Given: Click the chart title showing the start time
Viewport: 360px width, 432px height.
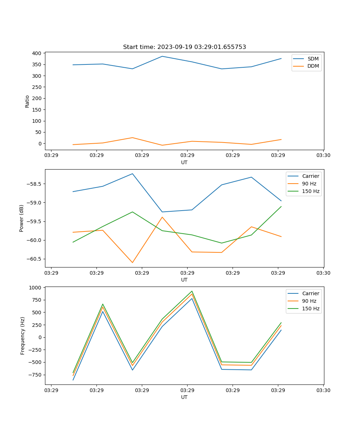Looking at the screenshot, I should coord(184,47).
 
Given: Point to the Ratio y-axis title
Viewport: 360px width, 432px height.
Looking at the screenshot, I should coord(27,101).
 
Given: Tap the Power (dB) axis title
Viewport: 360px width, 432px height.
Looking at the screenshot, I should coord(22,218).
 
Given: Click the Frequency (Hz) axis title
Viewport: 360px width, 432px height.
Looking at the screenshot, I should coord(23,336).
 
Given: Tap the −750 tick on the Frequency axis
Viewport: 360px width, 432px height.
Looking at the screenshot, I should coord(35,375).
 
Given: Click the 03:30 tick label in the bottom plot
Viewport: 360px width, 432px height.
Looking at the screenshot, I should coord(323,390).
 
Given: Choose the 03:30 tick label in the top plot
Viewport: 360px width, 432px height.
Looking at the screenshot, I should coord(323,155).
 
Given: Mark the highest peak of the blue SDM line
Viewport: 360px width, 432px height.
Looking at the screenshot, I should coord(162,56).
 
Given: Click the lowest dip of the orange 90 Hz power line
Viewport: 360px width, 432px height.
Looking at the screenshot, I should coord(132,262).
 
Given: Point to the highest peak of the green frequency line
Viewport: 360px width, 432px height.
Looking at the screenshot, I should coord(192,291).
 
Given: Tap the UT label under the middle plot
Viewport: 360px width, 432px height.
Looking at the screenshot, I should coord(184,280).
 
